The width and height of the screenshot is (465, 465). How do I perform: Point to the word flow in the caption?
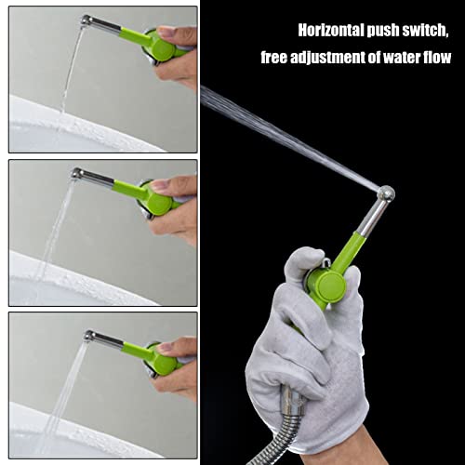(437, 58)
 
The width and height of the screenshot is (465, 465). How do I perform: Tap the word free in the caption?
(277, 58)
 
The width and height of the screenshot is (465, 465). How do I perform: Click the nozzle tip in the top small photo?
(86, 20)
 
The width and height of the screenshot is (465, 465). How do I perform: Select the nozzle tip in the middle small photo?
(78, 174)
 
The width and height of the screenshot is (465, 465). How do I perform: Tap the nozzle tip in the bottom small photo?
(89, 335)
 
